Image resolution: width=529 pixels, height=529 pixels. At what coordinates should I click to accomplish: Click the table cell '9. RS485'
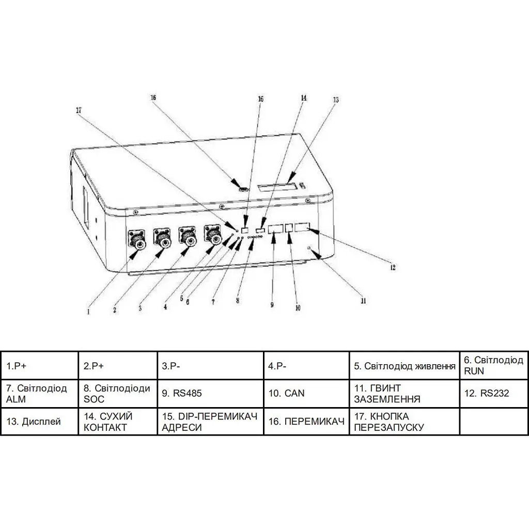[210, 393]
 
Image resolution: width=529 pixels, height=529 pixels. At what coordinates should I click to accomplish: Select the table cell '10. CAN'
[306, 393]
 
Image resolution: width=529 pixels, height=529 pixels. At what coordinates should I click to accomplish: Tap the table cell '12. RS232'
[493, 393]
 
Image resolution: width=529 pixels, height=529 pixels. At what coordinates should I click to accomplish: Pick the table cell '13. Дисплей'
[39, 422]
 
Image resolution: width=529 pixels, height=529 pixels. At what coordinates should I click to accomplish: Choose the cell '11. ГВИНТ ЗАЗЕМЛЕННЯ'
[404, 393]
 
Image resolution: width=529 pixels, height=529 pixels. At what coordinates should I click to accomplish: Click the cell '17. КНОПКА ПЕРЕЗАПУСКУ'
[404, 422]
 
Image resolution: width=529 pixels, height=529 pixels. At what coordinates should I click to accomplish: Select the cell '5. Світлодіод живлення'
[404, 365]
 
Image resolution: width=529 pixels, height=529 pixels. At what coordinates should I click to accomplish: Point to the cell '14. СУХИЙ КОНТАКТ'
[118, 422]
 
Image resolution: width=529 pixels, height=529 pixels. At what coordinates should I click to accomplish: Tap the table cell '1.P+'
[39, 365]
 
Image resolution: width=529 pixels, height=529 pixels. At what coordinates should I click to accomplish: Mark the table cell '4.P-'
[306, 365]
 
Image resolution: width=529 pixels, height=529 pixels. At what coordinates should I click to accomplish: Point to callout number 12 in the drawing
[393, 268]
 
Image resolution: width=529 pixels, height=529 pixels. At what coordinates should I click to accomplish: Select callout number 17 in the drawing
[79, 111]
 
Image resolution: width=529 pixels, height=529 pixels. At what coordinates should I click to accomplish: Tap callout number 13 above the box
[335, 100]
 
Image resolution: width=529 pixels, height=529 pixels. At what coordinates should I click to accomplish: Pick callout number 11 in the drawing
[363, 301]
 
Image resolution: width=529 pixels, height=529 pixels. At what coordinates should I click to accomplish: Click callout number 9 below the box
[272, 305]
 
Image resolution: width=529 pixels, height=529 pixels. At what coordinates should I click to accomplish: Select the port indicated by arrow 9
[275, 228]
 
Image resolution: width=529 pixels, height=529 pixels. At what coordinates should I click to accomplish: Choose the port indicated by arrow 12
[302, 227]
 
